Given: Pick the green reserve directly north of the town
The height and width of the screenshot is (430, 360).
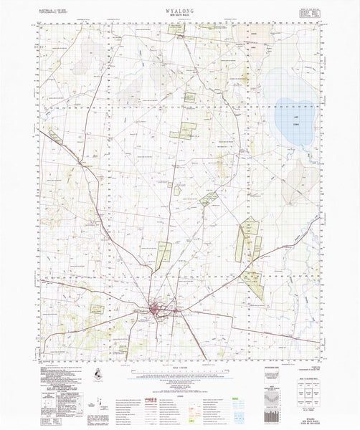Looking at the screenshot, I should click(x=164, y=254).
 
